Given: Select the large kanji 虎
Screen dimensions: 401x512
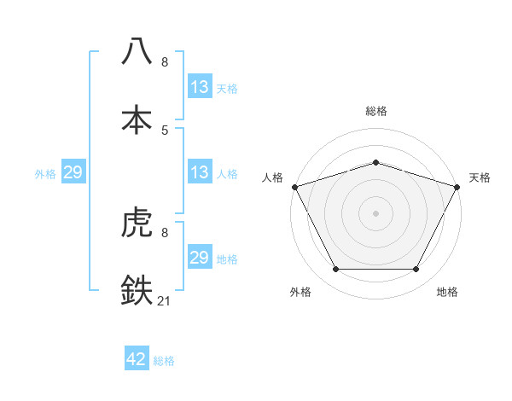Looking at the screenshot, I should [137, 224].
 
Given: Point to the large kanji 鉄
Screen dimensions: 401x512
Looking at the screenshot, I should [137, 290].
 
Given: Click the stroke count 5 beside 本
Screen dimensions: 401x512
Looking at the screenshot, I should [165, 130].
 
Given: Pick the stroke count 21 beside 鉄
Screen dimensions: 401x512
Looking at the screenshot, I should [166, 300].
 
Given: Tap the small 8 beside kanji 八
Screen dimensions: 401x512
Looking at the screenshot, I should [165, 62].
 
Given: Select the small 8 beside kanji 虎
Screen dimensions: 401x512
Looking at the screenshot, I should [165, 233].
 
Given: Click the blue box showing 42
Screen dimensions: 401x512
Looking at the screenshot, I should [137, 360].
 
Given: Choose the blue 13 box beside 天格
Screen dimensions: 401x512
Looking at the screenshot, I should [200, 87].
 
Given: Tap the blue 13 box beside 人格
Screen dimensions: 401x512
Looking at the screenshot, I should [200, 172].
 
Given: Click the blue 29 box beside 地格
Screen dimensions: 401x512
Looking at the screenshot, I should [200, 258].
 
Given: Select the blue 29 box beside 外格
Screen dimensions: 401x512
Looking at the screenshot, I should [73, 172].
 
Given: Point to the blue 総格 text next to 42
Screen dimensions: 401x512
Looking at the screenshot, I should [164, 361].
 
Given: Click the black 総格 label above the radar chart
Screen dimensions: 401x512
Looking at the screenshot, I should [376, 111].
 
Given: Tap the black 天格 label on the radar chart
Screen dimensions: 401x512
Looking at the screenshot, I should [480, 177].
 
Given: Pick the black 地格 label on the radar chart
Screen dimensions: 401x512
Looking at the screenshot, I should [447, 292].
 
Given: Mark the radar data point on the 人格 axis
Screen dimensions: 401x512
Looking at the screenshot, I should [294, 187].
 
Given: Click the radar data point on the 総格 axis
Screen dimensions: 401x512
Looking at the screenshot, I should [376, 162].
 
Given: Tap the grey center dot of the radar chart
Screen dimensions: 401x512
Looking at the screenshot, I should [376, 213].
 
